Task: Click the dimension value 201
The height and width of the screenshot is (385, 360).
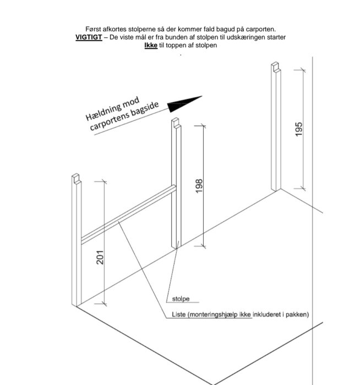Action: (100, 257)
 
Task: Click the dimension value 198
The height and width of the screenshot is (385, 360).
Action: (199, 186)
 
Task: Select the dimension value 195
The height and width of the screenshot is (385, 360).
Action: (298, 129)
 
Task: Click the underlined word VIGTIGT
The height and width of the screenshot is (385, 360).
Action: (89, 37)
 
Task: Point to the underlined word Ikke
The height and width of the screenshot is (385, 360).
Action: (151, 46)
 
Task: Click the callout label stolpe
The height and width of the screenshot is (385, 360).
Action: (181, 299)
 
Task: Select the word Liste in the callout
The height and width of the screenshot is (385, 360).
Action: (179, 314)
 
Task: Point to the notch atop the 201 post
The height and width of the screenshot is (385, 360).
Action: (77, 179)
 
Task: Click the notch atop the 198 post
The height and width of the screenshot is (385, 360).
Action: (176, 123)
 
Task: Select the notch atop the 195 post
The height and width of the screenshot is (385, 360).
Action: (276, 67)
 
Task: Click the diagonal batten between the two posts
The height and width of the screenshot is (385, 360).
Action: (128, 215)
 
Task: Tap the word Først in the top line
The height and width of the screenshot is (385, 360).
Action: (93, 29)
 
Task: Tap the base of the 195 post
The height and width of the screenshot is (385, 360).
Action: (276, 190)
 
